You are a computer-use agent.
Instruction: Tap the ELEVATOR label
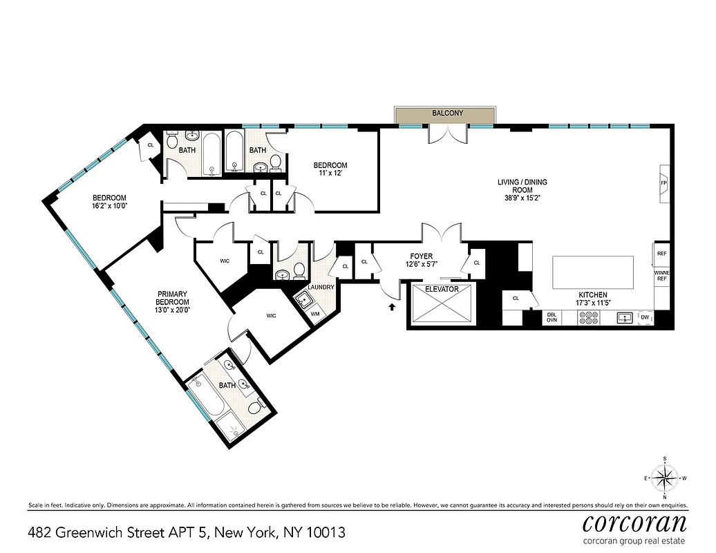(442, 289)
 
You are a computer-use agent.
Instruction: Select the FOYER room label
(422, 256)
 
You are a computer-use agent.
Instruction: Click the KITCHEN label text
(592, 295)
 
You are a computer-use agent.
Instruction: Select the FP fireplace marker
(663, 183)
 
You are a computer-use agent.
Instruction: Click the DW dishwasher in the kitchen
(644, 317)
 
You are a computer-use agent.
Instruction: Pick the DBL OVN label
(552, 317)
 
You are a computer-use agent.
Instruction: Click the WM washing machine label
(315, 313)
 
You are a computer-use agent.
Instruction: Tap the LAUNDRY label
(321, 287)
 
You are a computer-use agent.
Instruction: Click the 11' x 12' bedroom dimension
(330, 174)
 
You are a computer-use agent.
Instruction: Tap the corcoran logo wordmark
(634, 522)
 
